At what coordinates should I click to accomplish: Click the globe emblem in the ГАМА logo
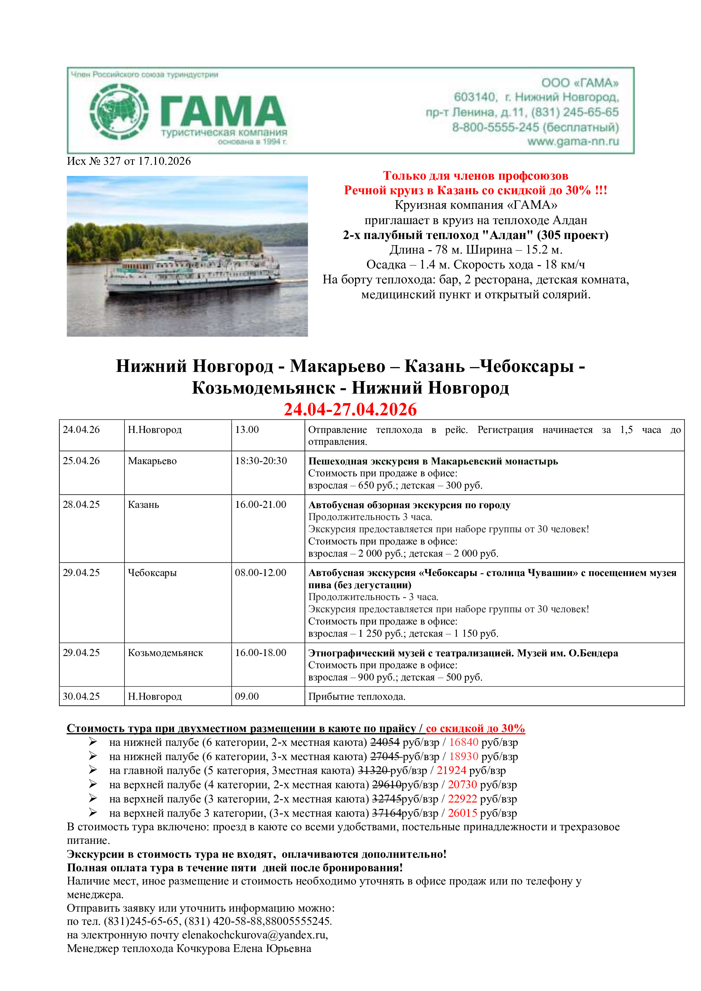tap(119, 112)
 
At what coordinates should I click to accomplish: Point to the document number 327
tap(112, 161)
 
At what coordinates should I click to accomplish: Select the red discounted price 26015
tap(462, 813)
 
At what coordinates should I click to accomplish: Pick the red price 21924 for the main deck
tap(451, 770)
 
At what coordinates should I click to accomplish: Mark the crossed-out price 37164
tap(386, 813)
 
